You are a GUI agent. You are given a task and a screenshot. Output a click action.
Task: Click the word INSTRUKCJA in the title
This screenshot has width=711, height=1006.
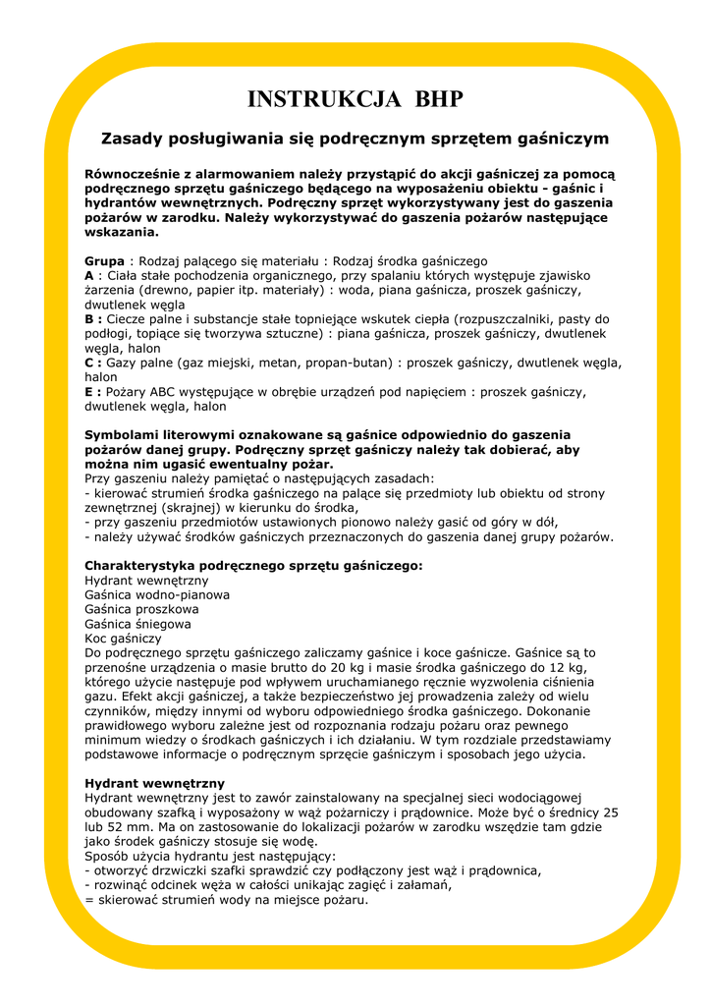324,99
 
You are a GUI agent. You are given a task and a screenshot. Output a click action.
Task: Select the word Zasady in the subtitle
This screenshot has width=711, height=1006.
134,139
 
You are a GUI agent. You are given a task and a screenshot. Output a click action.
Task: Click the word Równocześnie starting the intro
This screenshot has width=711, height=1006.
137,173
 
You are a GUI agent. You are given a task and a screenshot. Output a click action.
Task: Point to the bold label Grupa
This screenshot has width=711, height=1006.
105,261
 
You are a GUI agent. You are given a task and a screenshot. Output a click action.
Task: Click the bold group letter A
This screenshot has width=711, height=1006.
89,276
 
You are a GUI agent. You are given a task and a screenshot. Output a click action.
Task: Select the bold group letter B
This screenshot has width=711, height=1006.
90,319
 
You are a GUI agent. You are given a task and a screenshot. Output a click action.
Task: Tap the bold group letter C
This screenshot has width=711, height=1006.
90,363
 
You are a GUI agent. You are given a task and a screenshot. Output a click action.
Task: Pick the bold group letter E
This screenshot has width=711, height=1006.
89,391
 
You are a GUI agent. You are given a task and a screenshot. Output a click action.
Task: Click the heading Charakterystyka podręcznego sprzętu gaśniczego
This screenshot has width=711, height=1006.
253,566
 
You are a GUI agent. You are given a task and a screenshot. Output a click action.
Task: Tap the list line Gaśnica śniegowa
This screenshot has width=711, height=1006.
137,623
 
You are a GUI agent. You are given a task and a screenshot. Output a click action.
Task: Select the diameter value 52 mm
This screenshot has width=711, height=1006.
123,827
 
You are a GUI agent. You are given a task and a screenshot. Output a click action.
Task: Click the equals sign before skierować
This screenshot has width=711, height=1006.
89,899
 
